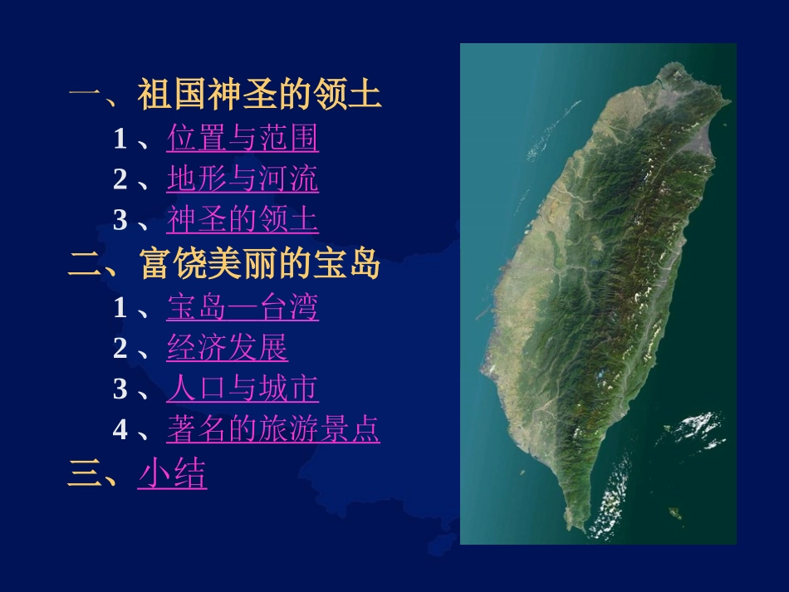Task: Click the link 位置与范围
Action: [x=243, y=139]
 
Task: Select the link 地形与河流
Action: [x=243, y=179]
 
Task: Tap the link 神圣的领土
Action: [x=243, y=220]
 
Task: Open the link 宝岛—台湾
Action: [x=243, y=308]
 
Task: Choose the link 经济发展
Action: [x=227, y=349]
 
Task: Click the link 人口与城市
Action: [x=243, y=389]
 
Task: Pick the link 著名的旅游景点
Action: [x=273, y=430]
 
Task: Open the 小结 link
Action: [x=172, y=474]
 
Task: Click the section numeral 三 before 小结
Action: [x=83, y=474]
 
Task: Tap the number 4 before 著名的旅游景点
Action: [x=120, y=430]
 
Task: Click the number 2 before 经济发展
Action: [x=120, y=349]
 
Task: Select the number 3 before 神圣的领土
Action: [x=120, y=220]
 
